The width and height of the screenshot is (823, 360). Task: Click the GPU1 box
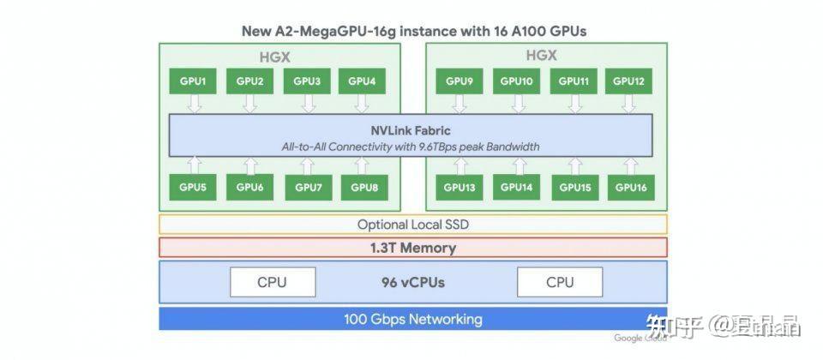pos(193,81)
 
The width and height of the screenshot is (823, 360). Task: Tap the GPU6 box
pos(249,186)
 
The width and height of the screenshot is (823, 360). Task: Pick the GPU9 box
pos(460,81)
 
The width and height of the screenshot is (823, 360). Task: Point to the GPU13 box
pos(460,186)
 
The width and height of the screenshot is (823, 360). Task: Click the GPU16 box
pos(631,186)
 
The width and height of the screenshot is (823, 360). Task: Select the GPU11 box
pos(574,81)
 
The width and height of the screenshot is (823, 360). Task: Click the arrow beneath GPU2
pos(249,104)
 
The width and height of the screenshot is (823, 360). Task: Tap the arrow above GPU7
pos(307,165)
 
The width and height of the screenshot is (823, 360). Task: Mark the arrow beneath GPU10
pos(516,104)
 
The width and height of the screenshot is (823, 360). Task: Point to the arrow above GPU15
pos(574,165)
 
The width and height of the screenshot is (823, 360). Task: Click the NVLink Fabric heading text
pos(411,130)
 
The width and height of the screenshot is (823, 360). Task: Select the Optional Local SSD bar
pos(412,225)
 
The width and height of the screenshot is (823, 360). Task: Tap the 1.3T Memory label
pos(412,248)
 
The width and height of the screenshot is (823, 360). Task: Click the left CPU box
pos(272,282)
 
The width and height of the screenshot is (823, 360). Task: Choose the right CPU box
pos(560,282)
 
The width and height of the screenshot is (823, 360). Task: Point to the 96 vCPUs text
pos(413,282)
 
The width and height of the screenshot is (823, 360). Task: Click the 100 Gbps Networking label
pos(412,319)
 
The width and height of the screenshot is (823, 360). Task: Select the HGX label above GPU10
pos(541,55)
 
